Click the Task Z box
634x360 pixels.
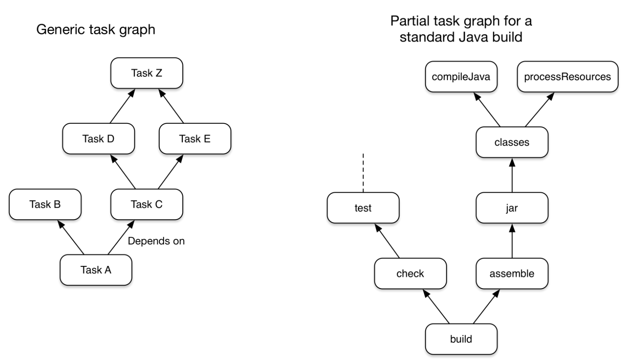point(147,73)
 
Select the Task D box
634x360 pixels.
point(98,139)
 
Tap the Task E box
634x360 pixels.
point(195,139)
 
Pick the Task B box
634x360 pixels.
point(45,204)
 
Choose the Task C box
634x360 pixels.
point(147,204)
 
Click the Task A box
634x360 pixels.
point(96,270)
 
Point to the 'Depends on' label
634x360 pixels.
point(156,241)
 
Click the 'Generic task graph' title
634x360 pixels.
point(96,30)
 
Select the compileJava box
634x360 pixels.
point(461,77)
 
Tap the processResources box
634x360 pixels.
point(568,77)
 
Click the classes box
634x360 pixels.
point(512,142)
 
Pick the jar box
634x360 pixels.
point(512,208)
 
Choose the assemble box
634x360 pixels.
point(512,274)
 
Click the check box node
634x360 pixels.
point(410,274)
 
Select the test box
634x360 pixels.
point(363,208)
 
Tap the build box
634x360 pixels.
point(461,339)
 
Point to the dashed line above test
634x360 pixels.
point(363,173)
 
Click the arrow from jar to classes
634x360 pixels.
point(512,175)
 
